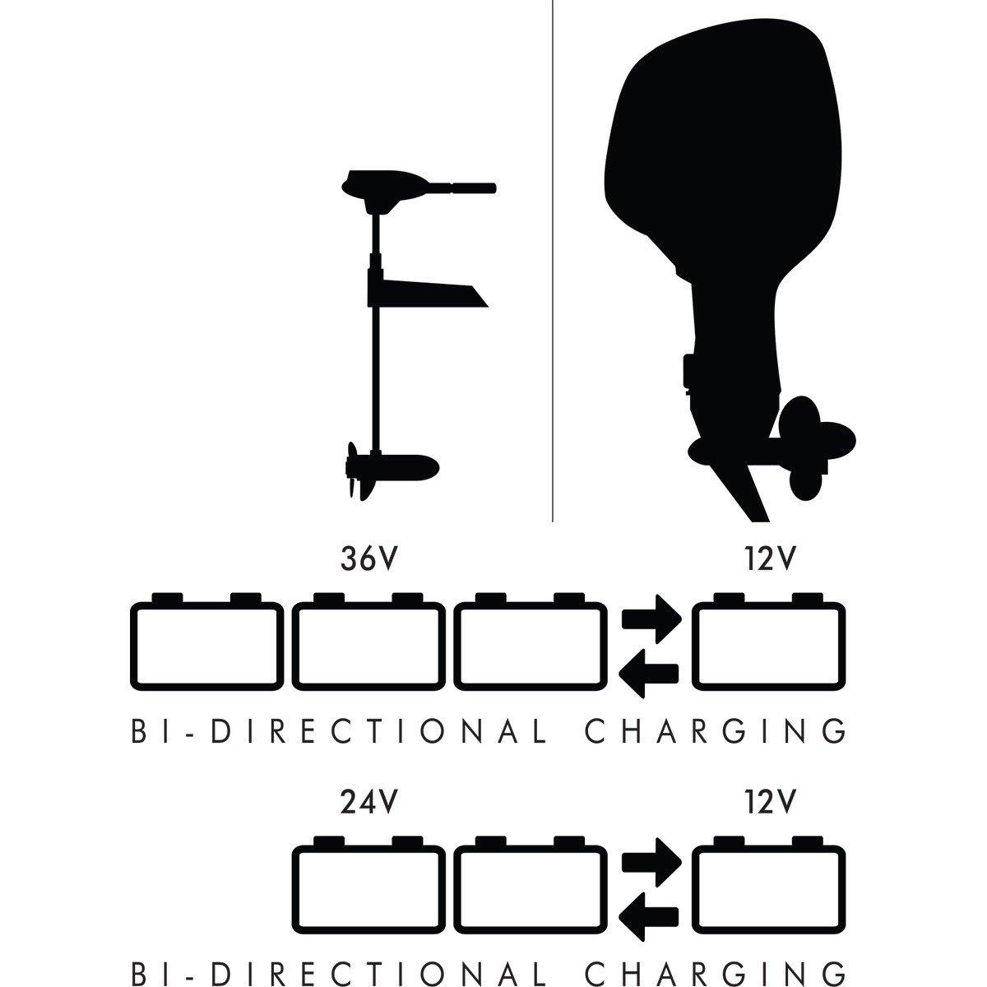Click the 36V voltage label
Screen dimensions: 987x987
coord(368,558)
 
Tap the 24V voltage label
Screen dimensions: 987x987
coord(368,802)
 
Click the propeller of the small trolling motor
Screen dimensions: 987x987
coord(356,471)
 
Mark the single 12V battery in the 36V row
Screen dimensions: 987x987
coord(769,641)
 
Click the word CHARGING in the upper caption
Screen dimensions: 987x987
coord(715,731)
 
